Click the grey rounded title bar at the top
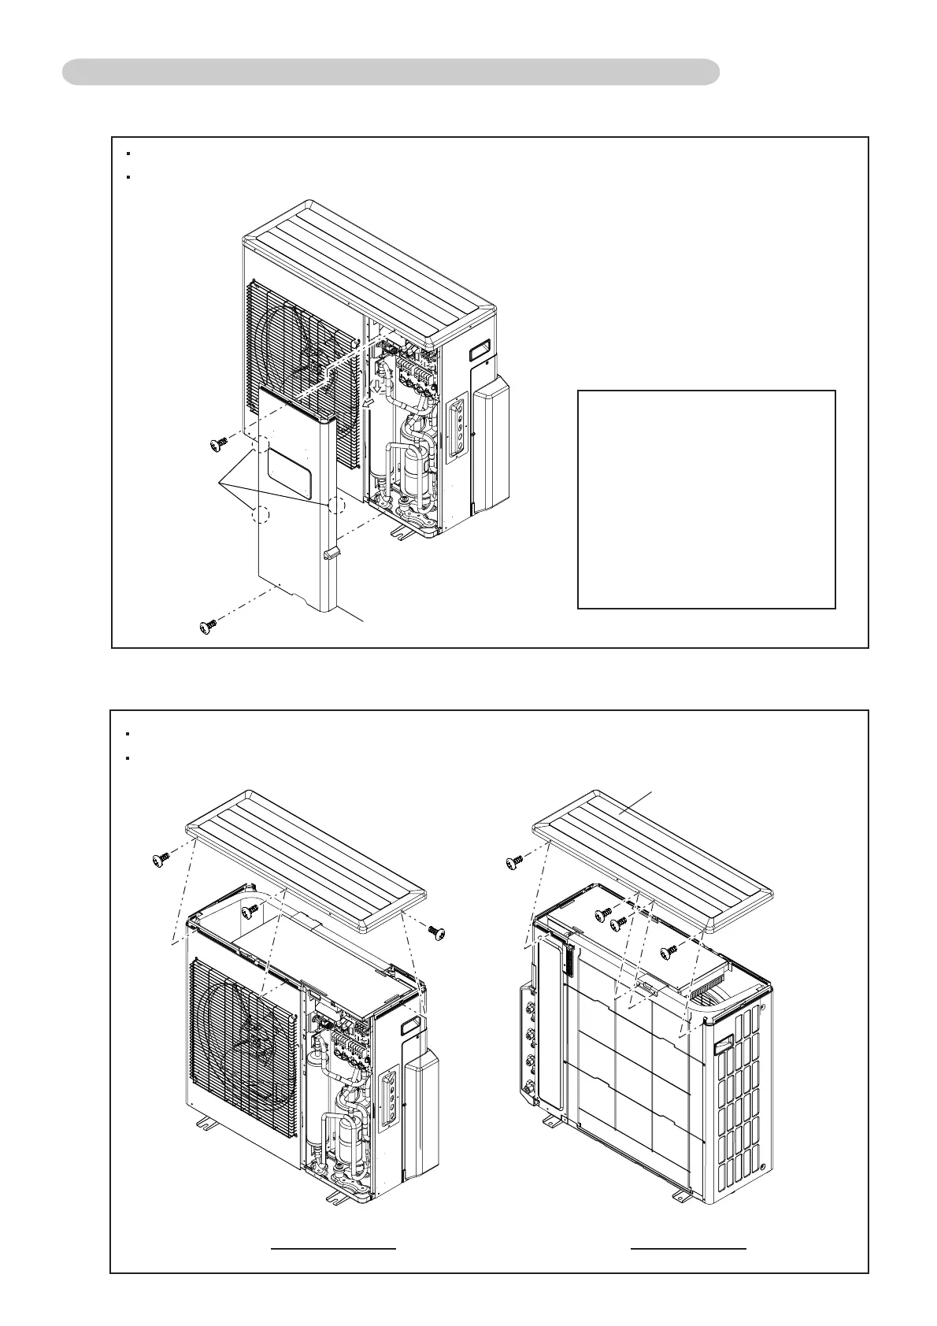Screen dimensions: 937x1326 [x=391, y=72]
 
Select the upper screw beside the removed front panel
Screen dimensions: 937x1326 [x=219, y=446]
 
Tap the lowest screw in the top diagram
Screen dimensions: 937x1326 [x=209, y=627]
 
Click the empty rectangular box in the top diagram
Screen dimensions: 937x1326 [x=706, y=498]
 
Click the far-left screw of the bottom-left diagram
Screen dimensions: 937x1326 [x=160, y=860]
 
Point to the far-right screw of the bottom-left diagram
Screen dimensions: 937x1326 [x=437, y=932]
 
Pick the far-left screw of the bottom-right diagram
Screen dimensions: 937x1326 [x=513, y=861]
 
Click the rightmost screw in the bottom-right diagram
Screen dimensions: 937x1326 [x=668, y=951]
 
